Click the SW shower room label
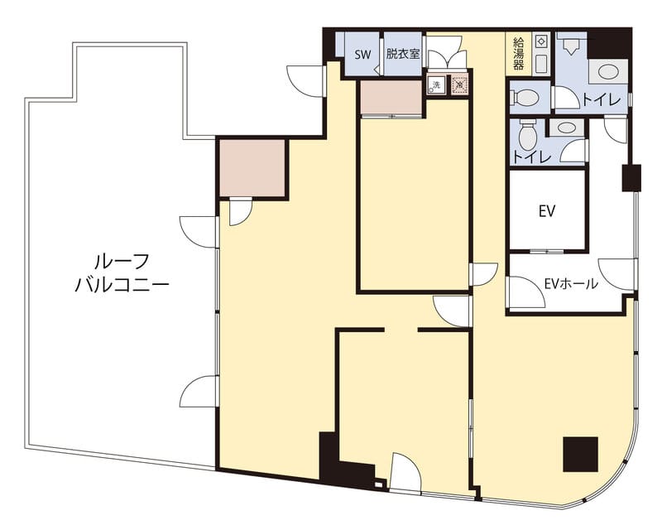pos(362,55)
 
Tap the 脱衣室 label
pos(403,54)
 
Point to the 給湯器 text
pos(519,54)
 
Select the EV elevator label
pos(547,211)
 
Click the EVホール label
pos(571,283)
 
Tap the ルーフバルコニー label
pos(122,273)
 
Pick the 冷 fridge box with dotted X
pos(459,85)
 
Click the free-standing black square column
pos(581,455)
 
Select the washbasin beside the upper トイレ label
pos(608,71)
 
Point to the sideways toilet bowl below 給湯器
pos(525,98)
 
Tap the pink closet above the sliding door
pos(391,97)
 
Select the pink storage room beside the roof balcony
pos(252,168)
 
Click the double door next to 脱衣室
pos(447,54)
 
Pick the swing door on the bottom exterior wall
pos(405,472)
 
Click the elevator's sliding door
pos(547,251)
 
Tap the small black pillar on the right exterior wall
pos(631,177)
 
